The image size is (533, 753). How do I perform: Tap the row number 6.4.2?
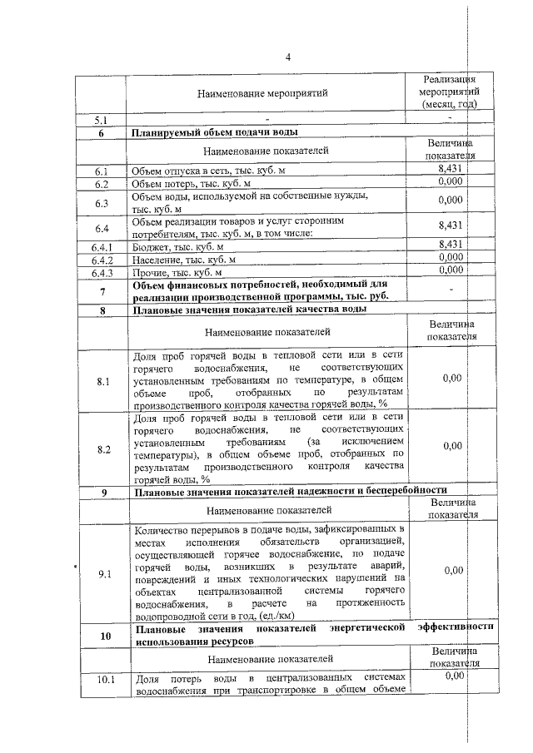point(102,260)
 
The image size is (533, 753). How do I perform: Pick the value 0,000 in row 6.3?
point(450,201)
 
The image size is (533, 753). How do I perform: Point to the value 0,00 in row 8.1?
point(452,379)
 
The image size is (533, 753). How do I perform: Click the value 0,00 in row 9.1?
point(452,570)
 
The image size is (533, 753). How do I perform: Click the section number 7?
point(102,291)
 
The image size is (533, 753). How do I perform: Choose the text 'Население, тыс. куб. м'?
point(184,260)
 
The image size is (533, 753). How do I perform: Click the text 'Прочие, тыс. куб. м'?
point(178,272)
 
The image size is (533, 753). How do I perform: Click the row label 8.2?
point(102,449)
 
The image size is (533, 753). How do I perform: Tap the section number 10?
point(102,637)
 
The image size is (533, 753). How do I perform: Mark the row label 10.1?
point(102,681)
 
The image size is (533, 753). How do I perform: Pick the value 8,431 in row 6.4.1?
point(450,245)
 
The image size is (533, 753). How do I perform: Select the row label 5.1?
point(102,121)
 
